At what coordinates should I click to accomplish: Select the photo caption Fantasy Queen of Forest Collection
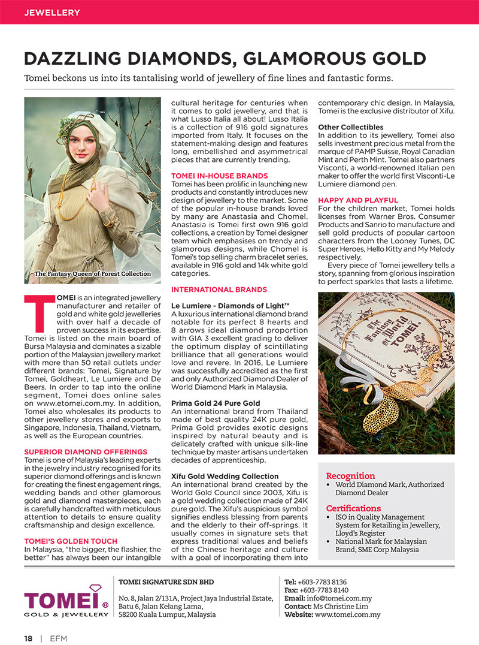pyautogui.click(x=93, y=274)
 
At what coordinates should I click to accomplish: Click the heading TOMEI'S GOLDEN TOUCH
pyautogui.click(x=63, y=541)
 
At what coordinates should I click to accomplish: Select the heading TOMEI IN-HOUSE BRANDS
pyautogui.click(x=219, y=176)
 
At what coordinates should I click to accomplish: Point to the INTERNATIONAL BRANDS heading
pyautogui.click(x=219, y=290)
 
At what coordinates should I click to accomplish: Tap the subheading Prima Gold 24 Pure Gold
pyautogui.click(x=216, y=403)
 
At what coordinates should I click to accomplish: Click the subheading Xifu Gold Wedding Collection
pyautogui.click(x=225, y=476)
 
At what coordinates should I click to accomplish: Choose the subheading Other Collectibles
pyautogui.click(x=351, y=127)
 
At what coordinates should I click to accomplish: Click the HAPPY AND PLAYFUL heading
pyautogui.click(x=358, y=200)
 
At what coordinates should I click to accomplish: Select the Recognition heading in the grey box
pyautogui.click(x=350, y=475)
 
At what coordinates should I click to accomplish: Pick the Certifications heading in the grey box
pyautogui.click(x=353, y=508)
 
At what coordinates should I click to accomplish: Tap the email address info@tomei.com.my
pyautogui.click(x=338, y=598)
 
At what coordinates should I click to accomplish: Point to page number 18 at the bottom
pyautogui.click(x=28, y=638)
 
